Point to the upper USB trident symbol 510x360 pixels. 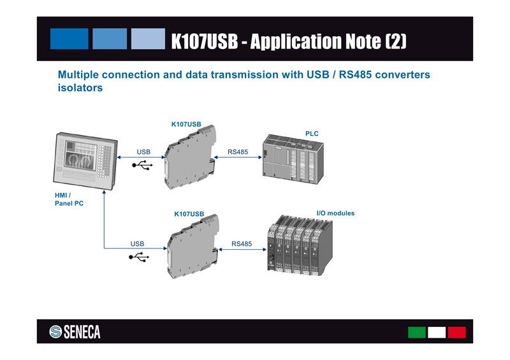pyautogui.click(x=142, y=165)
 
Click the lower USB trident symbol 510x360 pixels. pyautogui.click(x=139, y=257)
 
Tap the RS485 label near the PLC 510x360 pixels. pyautogui.click(x=238, y=152)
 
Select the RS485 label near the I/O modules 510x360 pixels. pyautogui.click(x=242, y=243)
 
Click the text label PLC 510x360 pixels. pyautogui.click(x=312, y=134)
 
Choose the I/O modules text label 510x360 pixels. pyautogui.click(x=335, y=213)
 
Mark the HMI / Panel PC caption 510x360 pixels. pyautogui.click(x=69, y=199)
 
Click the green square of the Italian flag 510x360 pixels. pyautogui.click(x=417, y=332)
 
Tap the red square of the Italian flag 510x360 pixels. pyautogui.click(x=456, y=332)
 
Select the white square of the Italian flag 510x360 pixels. pyautogui.click(x=437, y=332)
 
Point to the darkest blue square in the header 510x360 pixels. pyautogui.click(x=69, y=39)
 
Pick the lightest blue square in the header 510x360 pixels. pyautogui.click(x=148, y=39)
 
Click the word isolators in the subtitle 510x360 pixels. pyautogui.click(x=80, y=88)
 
